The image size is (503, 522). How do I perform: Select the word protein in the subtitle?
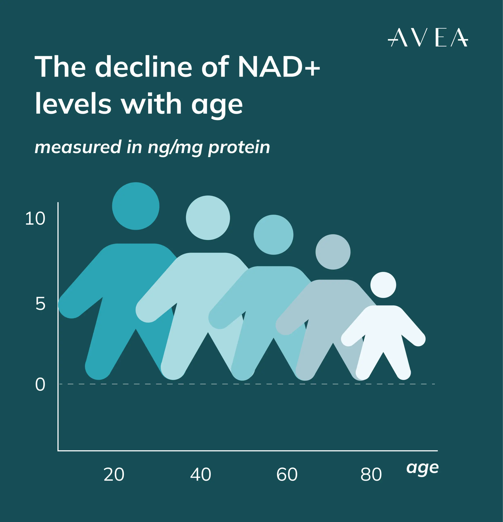[239, 147]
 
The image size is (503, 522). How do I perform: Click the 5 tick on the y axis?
[41, 304]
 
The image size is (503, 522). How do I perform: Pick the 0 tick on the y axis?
[40, 385]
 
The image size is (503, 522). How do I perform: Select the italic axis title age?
[423, 468]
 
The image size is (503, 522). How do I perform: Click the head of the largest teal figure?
[136, 206]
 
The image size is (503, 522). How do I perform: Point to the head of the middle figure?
[273, 235]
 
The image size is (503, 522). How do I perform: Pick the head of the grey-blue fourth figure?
[333, 252]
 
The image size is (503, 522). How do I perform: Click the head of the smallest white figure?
[383, 285]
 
